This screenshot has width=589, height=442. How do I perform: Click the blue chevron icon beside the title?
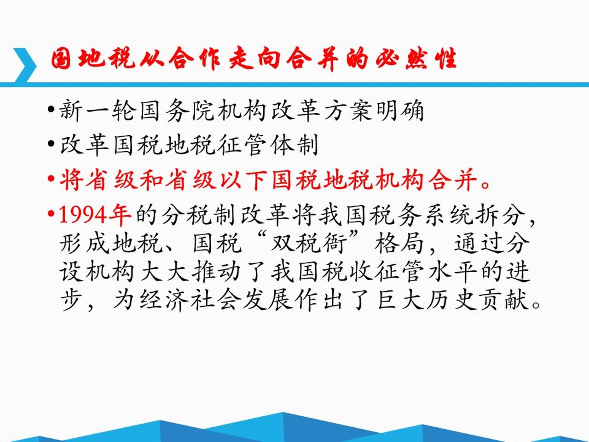click(x=25, y=65)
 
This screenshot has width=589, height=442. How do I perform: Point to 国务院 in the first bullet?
click(x=177, y=110)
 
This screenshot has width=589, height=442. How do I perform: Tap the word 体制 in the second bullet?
click(x=294, y=145)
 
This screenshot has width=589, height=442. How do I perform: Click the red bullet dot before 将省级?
click(x=51, y=179)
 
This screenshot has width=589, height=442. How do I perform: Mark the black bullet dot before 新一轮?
click(x=51, y=110)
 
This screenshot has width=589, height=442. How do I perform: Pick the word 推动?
click(x=216, y=272)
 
